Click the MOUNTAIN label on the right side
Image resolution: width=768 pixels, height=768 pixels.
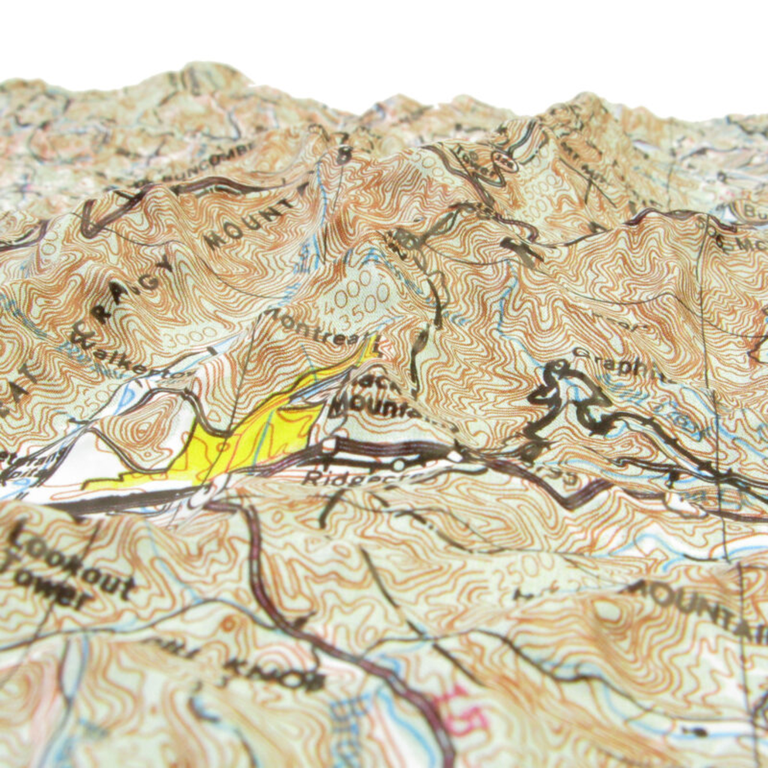pos(697,607)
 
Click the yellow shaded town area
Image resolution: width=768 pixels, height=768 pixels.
pos(255,435)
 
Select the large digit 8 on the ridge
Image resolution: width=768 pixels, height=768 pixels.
pos(343,154)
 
